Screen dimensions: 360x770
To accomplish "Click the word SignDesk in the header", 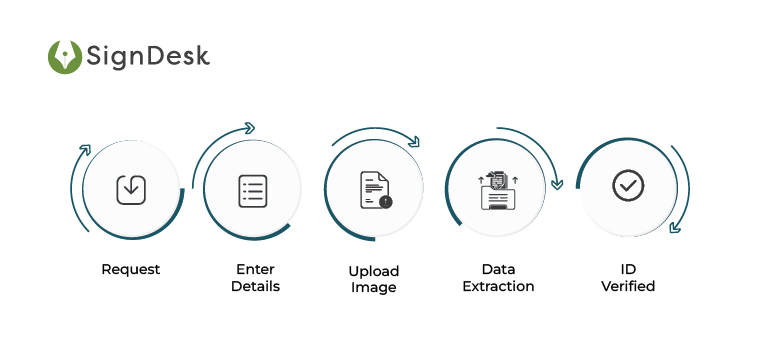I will [148, 57].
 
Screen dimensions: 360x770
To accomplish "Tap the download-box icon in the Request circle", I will [130, 188].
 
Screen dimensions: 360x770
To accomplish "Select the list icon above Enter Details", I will [252, 190].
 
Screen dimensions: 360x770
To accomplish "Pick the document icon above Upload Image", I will [375, 190].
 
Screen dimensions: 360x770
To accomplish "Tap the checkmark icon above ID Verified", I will [628, 185].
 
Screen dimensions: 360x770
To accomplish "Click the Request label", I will [130, 269].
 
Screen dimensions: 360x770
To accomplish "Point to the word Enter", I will [255, 269].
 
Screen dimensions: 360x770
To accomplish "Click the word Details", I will [255, 286].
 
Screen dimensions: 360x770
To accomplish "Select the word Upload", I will [374, 271].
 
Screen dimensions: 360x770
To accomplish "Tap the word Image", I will [374, 288].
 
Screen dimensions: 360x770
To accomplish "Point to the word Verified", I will [628, 286].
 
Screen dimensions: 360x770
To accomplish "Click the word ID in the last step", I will [628, 269].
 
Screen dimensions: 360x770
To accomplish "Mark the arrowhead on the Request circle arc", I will [84, 150].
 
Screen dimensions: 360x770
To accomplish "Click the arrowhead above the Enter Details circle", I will [249, 128].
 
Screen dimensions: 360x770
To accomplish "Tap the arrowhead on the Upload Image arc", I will [413, 142].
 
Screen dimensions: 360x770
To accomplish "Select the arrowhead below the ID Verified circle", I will [675, 227].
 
